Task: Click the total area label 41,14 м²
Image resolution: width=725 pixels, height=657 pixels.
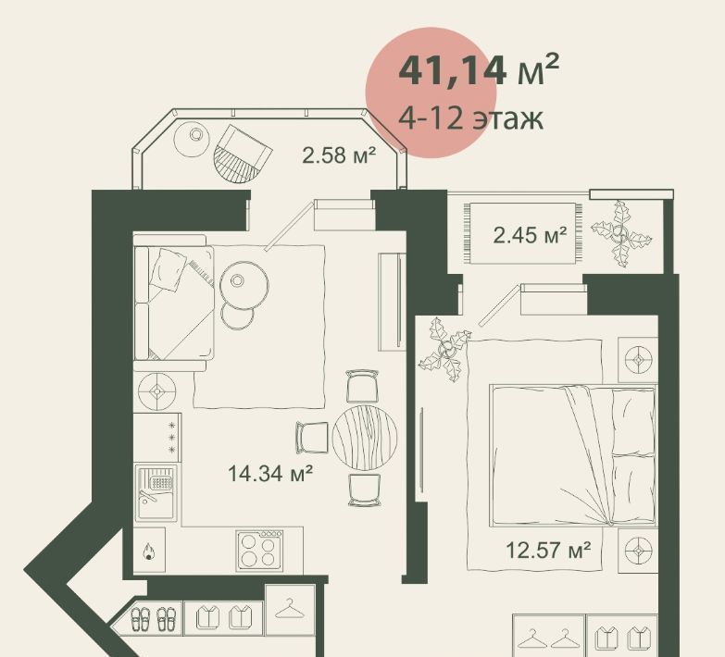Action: (479, 70)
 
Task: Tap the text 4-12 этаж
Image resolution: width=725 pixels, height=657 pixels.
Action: (470, 118)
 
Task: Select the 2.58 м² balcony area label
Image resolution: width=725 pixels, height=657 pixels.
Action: (339, 155)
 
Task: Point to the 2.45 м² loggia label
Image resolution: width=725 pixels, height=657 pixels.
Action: (530, 235)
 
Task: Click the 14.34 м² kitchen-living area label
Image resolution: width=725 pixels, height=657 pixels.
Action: (270, 474)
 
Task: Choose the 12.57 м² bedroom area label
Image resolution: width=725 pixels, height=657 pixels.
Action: (548, 550)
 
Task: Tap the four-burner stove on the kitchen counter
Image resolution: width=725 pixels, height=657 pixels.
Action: (260, 551)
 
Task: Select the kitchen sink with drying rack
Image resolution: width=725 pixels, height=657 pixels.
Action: (156, 492)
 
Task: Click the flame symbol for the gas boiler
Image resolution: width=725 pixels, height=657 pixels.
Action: (149, 551)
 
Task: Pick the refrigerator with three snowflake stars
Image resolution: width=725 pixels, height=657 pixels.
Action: (157, 437)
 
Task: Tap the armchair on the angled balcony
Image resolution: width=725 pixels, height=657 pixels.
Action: (243, 154)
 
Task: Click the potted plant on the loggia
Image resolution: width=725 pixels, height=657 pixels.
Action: (621, 234)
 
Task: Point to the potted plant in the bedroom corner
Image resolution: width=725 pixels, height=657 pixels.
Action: (444, 349)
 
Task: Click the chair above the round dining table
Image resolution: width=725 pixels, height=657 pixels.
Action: (363, 385)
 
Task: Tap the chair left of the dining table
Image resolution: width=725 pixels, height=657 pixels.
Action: (312, 437)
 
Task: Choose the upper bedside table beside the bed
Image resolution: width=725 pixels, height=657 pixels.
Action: (638, 359)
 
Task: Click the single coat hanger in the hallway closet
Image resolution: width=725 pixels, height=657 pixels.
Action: (290, 608)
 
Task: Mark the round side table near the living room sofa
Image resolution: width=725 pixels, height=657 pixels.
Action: (244, 283)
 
